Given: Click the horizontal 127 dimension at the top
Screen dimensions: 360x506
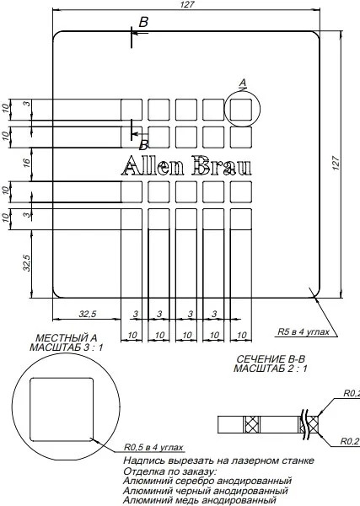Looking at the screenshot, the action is pos(187,4).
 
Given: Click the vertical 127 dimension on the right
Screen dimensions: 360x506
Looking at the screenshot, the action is pos(336,164).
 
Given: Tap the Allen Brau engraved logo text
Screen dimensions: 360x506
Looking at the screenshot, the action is pos(186,165).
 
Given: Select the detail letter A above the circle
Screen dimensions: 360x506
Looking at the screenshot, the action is pos(243,83).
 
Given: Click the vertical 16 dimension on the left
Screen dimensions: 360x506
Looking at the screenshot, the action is pos(27,163).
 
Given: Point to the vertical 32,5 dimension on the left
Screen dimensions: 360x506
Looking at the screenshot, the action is pos(27,262).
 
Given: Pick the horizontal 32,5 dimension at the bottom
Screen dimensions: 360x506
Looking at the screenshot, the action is pos(88,314).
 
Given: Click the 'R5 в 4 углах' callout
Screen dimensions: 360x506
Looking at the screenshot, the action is pos(304,331).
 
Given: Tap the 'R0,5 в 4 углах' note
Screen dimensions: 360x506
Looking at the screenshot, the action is pos(153,447).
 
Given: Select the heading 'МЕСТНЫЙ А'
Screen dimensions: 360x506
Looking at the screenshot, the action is pos(66,338).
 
